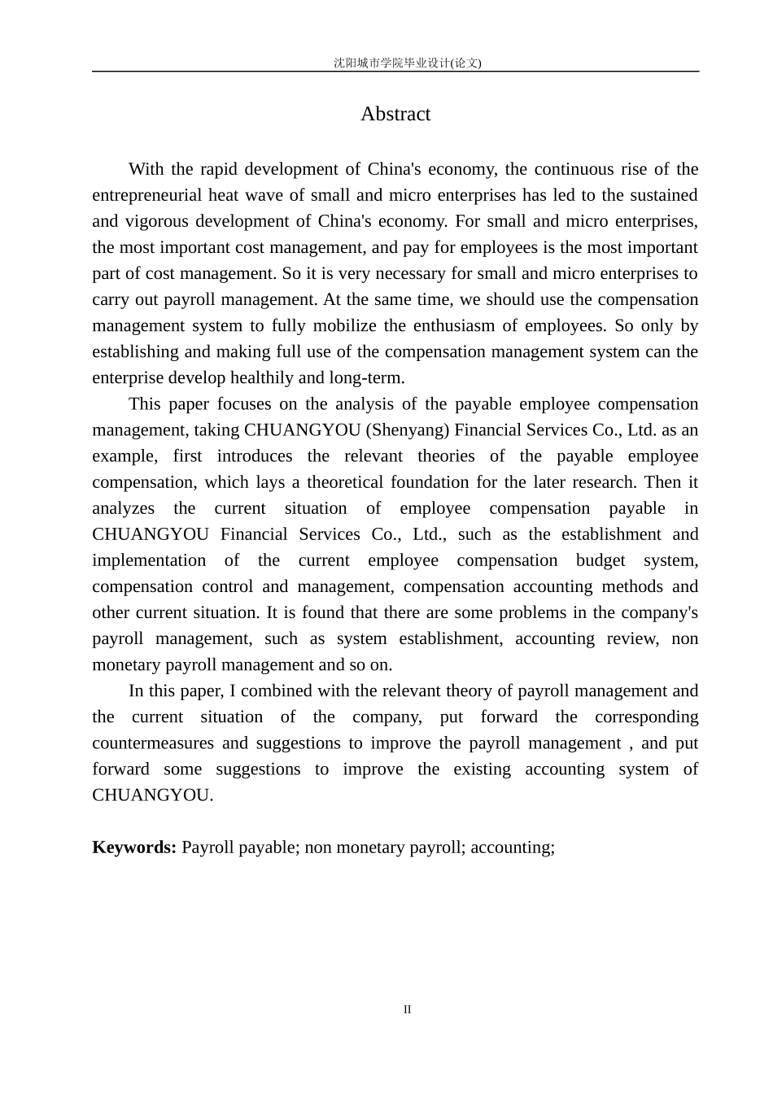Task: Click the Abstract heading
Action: tap(395, 114)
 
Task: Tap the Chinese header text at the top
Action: tap(407, 63)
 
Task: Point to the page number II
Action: tap(408, 1009)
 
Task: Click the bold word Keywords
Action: tap(134, 847)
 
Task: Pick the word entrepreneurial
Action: tap(146, 195)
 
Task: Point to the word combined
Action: tap(269, 691)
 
